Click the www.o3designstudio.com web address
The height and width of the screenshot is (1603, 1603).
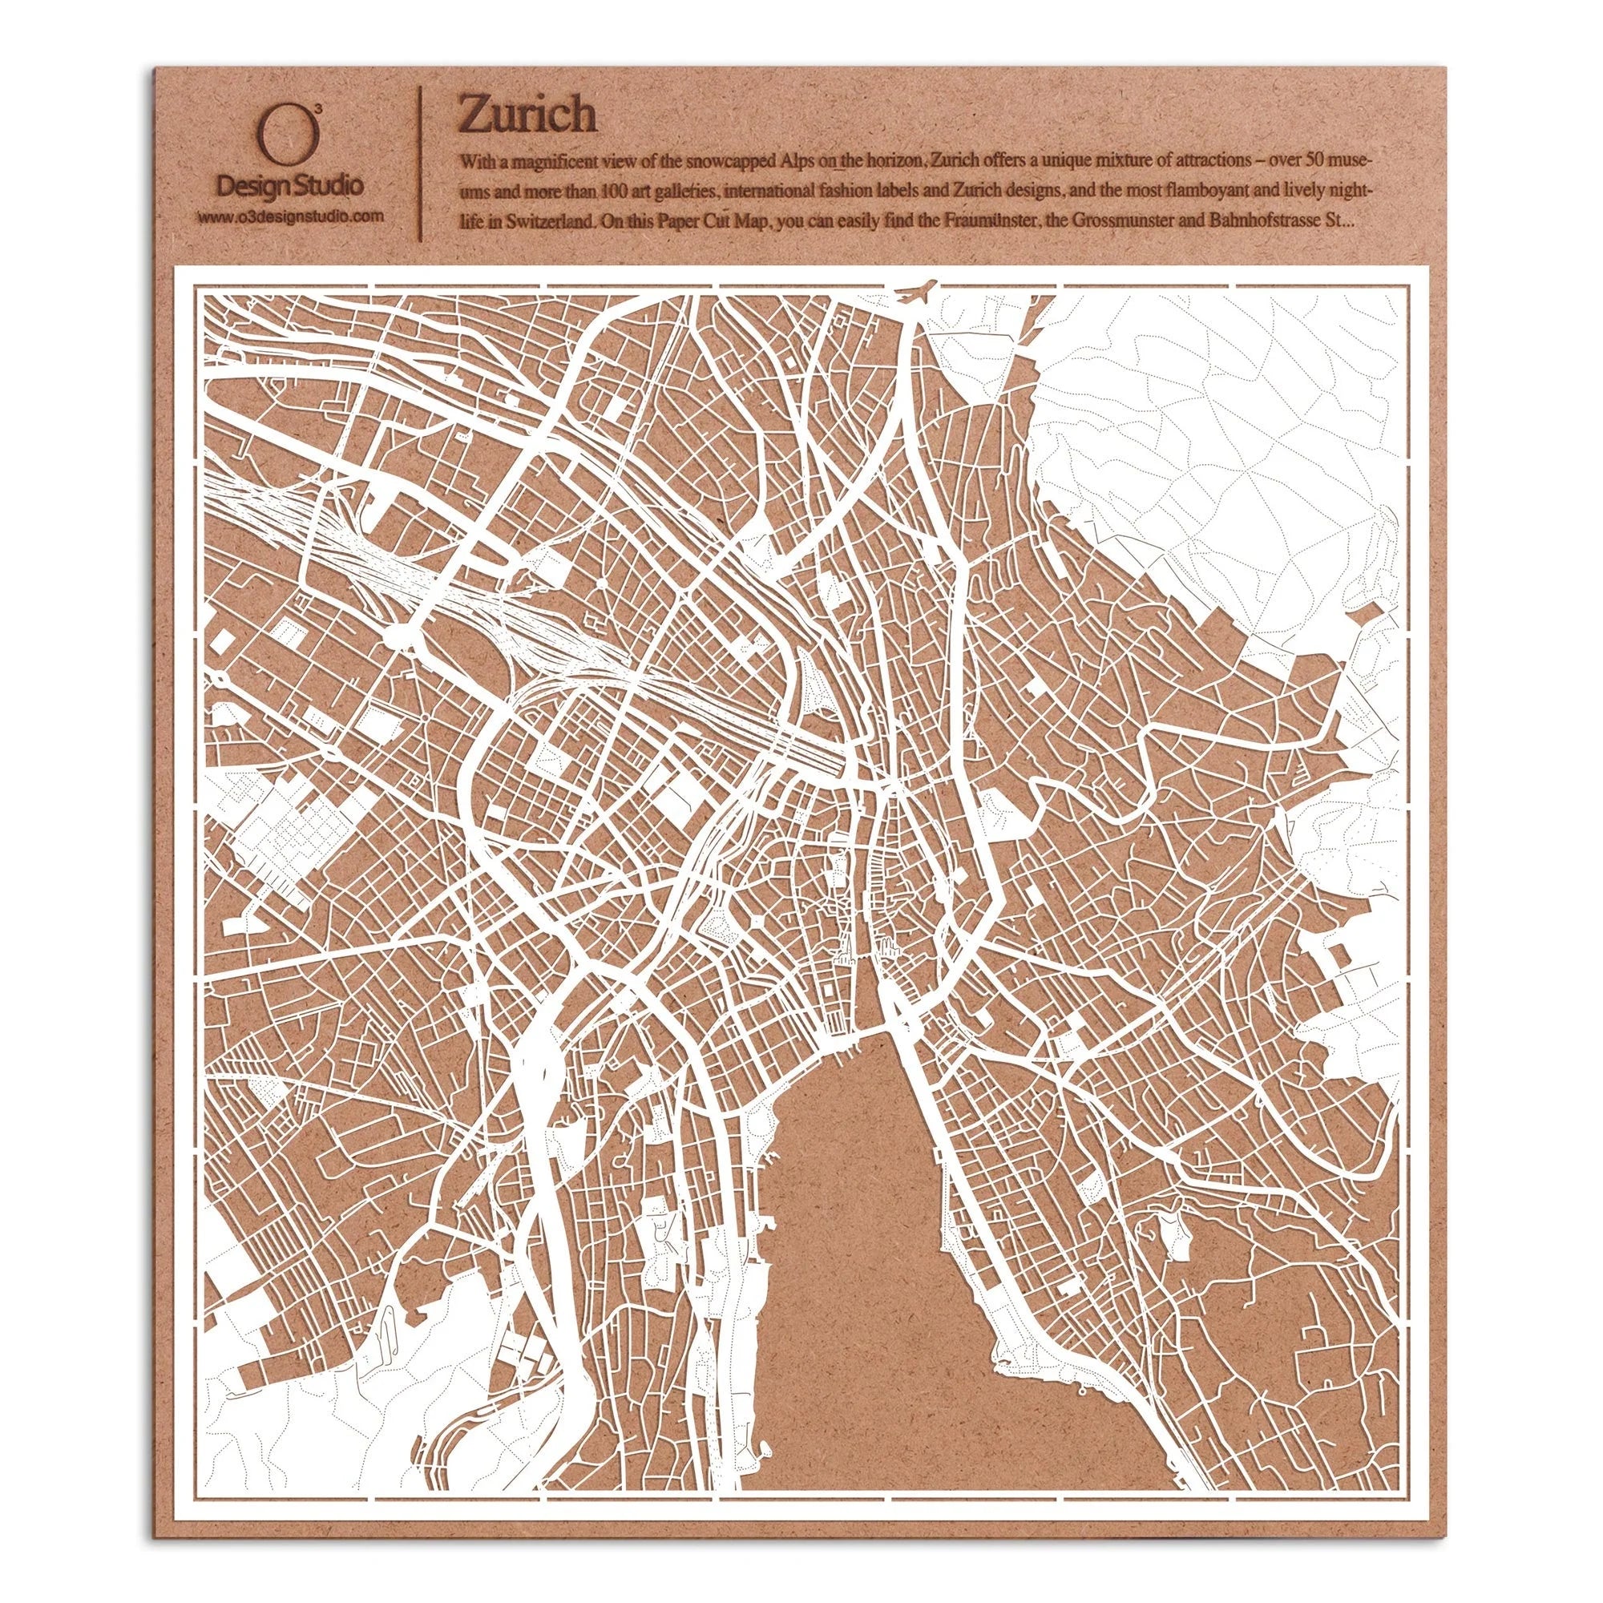point(290,217)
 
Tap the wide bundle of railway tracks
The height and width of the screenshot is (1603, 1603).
point(465,599)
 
